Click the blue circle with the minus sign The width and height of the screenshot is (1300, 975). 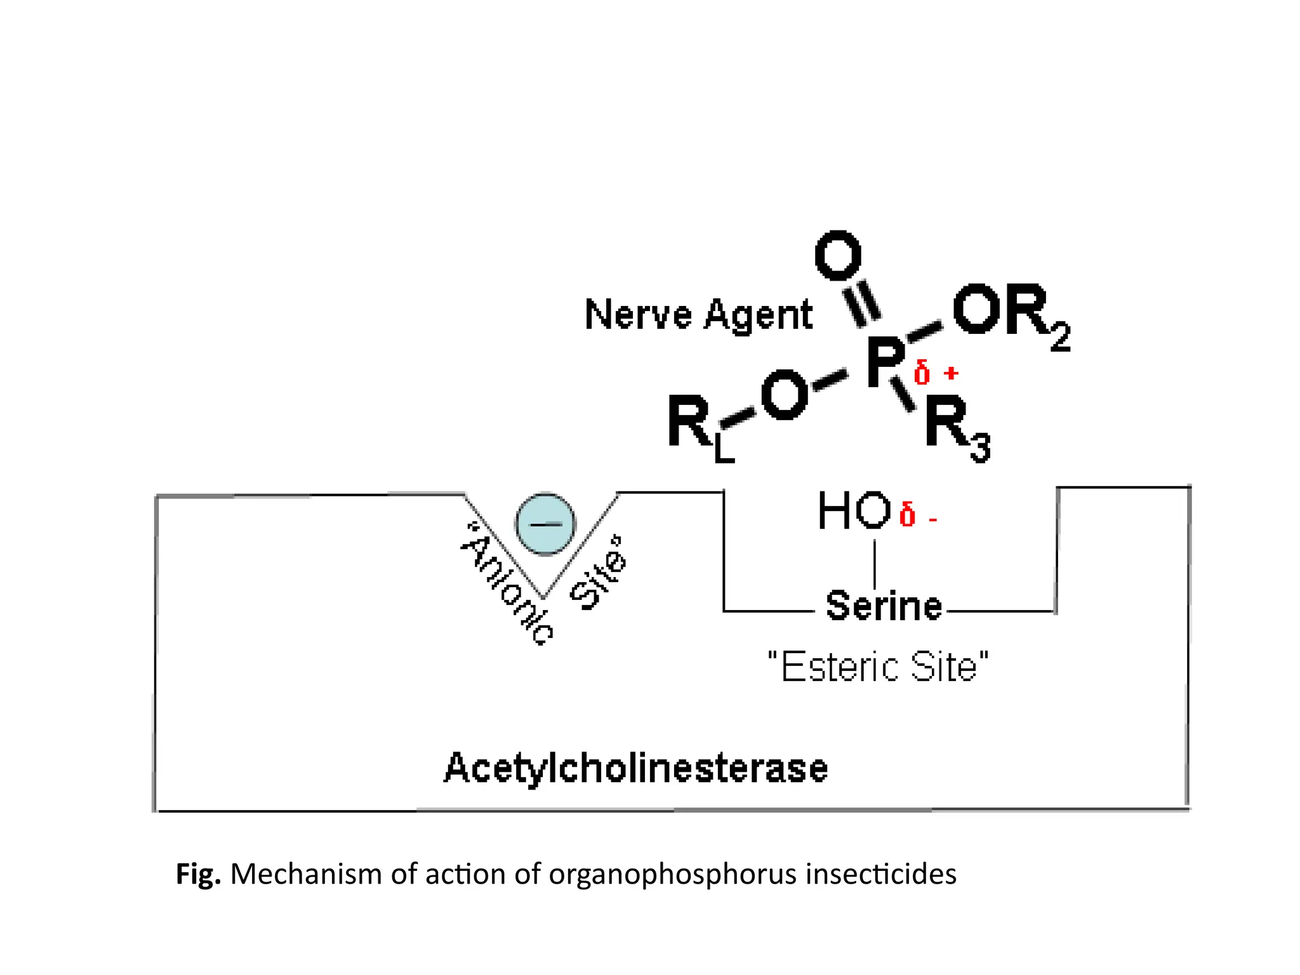(545, 524)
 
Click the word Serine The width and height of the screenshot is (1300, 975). (883, 606)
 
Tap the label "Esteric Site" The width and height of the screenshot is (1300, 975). (878, 667)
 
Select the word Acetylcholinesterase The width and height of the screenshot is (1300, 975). (635, 769)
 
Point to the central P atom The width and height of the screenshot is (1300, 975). (885, 362)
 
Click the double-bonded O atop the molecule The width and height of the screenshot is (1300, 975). (838, 256)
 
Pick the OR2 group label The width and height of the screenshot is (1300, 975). (1009, 314)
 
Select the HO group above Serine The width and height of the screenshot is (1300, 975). (854, 511)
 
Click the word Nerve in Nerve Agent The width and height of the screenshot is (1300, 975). (638, 315)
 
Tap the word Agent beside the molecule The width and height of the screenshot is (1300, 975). (759, 315)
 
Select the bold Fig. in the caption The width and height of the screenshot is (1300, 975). (198, 875)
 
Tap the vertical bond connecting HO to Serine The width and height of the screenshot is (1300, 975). (875, 564)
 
